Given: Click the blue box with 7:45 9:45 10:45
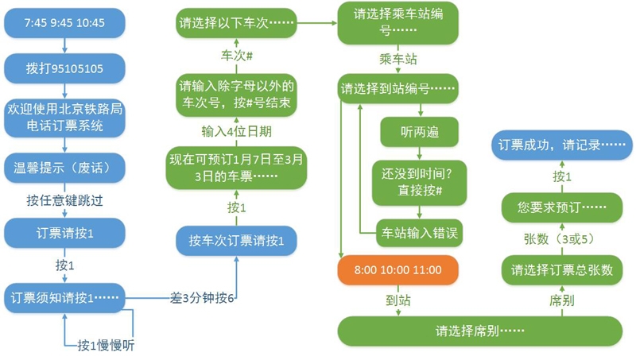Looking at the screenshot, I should coord(64,23).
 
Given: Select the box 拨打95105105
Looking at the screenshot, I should coord(64,68).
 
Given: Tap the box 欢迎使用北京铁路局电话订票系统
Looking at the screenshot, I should coord(64,117).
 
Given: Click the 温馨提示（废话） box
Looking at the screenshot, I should coord(64,168).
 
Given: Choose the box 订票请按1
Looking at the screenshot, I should coord(64,234).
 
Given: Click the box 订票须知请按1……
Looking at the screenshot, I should coord(64,297).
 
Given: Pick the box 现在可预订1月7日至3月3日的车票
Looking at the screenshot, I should coord(236,167).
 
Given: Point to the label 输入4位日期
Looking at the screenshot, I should coord(236,130).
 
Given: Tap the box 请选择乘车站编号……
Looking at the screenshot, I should coord(395,23).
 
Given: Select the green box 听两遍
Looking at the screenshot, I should coord(420,132).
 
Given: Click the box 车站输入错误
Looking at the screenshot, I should coord(420,234).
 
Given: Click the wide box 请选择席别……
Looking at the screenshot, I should coord(479,331).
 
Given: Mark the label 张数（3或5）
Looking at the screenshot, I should coord(560,238).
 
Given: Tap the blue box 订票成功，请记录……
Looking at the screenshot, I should coord(560,147).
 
